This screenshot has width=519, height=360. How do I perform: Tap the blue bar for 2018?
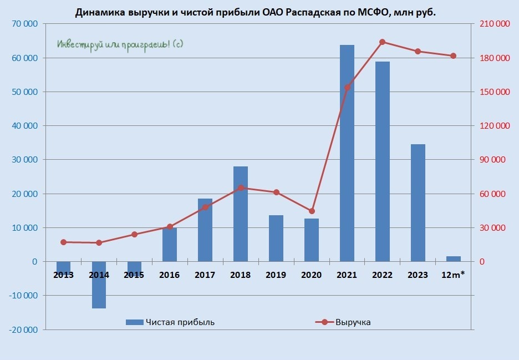pos(241,214)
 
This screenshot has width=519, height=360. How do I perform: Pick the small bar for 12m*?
pos(453,258)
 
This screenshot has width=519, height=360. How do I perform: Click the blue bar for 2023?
pos(418,202)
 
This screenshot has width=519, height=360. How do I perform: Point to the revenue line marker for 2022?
pos(382,42)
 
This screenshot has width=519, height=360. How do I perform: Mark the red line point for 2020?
pos(312,211)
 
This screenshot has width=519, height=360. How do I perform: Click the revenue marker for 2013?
pos(63,242)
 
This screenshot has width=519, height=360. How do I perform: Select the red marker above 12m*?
pos(453,56)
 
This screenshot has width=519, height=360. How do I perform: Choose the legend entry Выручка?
pos(353,322)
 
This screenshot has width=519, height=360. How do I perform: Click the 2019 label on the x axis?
pos(276,275)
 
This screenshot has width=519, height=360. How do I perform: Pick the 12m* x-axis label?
pos(453,275)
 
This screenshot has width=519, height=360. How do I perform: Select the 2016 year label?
pos(169,275)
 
